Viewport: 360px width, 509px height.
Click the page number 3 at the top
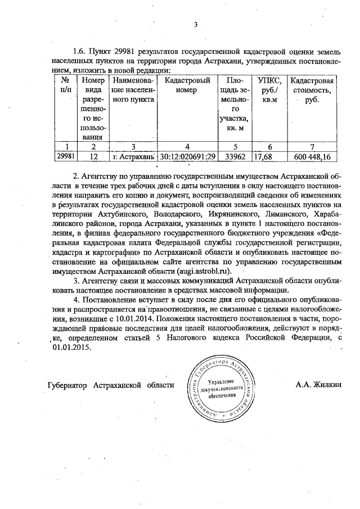point(196,25)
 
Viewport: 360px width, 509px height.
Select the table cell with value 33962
point(233,157)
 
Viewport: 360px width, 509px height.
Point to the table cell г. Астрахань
point(133,157)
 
